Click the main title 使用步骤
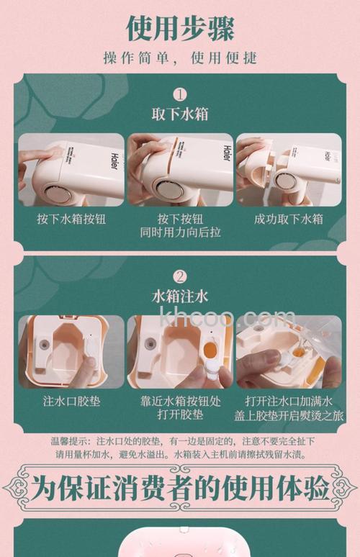[180, 27]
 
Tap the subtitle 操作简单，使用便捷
[180, 58]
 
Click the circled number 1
[180, 94]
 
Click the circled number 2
[180, 276]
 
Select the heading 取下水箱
[180, 114]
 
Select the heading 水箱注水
[180, 296]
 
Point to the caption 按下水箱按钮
[71, 219]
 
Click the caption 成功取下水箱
[289, 219]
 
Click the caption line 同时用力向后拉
[180, 234]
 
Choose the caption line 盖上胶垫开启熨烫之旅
[289, 416]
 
